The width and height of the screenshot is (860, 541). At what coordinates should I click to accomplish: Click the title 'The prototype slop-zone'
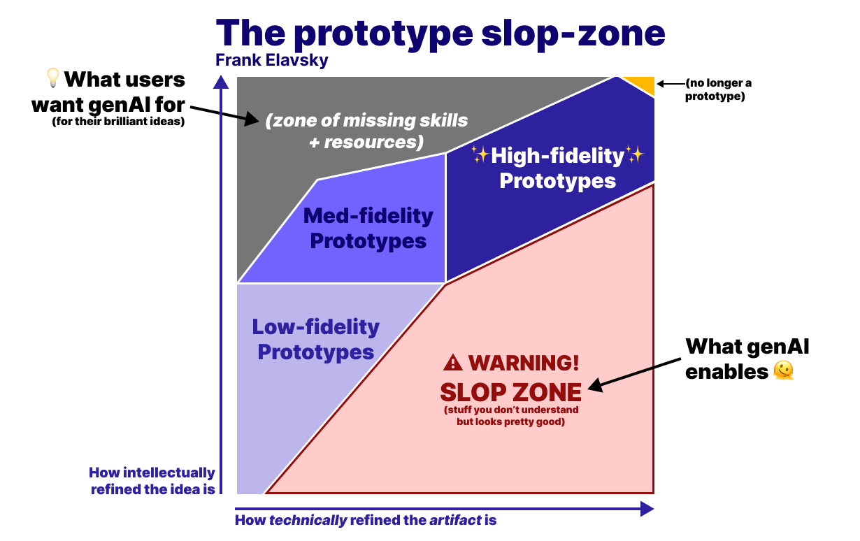(x=440, y=34)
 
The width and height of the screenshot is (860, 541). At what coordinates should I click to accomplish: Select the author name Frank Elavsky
(x=272, y=61)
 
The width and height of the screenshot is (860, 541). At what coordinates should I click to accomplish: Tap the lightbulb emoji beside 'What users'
(x=53, y=78)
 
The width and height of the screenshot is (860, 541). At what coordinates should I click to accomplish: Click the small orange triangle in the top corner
(x=643, y=83)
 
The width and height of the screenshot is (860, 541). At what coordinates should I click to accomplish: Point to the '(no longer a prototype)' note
(x=718, y=90)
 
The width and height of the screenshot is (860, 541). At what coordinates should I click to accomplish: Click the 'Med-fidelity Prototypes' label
(x=368, y=229)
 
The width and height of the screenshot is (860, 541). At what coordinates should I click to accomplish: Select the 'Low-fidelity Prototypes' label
(x=316, y=339)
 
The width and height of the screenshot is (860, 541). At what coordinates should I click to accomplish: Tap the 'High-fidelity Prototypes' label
(x=557, y=168)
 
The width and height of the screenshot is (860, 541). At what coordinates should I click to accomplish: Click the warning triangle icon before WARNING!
(x=453, y=363)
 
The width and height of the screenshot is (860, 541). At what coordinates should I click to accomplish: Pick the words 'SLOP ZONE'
(x=510, y=391)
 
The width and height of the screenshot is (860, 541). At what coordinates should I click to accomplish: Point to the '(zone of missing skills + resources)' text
(x=366, y=131)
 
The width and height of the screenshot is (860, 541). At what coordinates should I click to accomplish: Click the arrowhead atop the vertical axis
(x=221, y=83)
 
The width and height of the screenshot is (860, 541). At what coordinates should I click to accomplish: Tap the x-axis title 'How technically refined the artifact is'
(x=366, y=521)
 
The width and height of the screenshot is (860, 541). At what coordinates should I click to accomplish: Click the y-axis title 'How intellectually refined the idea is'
(x=153, y=481)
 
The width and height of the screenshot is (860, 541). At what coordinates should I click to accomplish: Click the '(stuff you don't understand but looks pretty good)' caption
(x=510, y=417)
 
